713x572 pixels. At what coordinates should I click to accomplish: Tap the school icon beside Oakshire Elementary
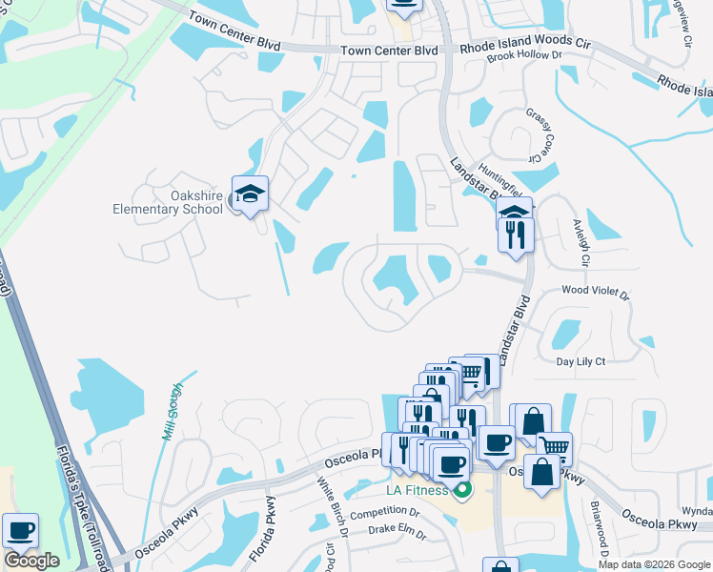point(250,194)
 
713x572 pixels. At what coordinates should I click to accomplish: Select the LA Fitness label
point(416,492)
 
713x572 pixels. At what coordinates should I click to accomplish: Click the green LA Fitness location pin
point(463,492)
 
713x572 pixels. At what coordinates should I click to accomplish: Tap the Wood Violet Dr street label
point(596,292)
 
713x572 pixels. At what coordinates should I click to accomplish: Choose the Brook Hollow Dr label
point(524,56)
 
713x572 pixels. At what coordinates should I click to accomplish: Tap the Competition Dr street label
point(385,513)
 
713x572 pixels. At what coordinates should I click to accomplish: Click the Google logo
point(31,561)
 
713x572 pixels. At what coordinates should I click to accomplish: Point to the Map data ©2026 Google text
point(655,564)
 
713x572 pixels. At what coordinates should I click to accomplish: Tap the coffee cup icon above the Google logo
point(20,530)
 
